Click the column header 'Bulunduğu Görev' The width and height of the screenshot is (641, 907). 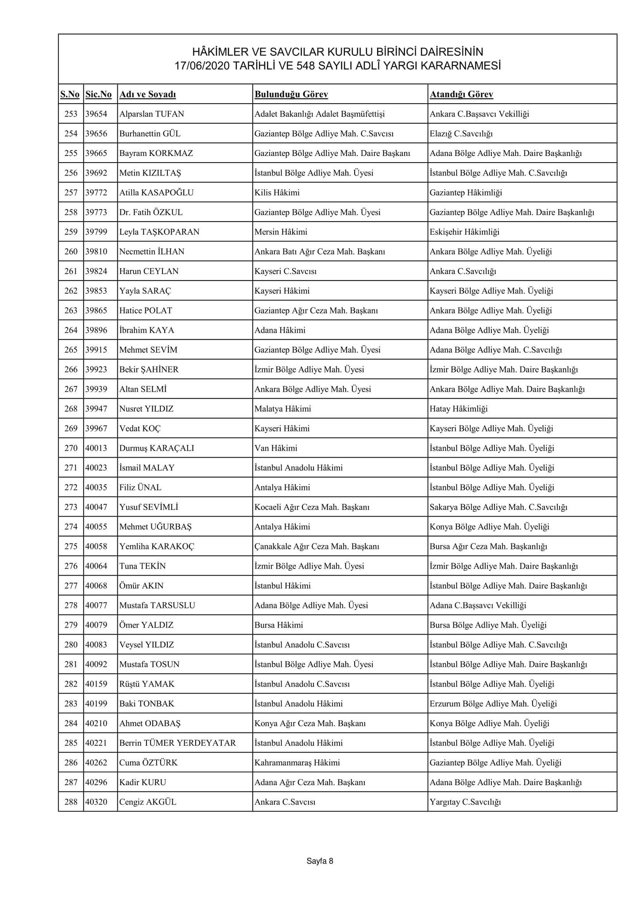tap(291, 94)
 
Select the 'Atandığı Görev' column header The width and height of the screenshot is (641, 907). tap(461, 94)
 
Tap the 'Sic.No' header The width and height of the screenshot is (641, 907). tap(98, 94)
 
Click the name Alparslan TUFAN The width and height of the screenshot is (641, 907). tap(151, 114)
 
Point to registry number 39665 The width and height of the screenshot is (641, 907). tap(96, 153)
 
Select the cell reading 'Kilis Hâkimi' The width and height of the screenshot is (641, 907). tap(277, 193)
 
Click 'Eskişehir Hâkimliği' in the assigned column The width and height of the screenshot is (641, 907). tap(464, 232)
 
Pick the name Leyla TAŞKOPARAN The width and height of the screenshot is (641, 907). tap(159, 232)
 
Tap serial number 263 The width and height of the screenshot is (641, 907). tap(71, 311)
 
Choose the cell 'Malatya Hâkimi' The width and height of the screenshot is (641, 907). tap(282, 409)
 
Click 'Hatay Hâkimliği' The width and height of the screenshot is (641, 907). tap(458, 409)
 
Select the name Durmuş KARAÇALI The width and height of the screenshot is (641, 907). tap(156, 448)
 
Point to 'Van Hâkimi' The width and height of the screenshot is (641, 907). tap(275, 448)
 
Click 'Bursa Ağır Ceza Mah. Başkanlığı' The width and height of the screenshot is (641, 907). tap(488, 546)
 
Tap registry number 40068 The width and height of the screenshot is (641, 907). tap(96, 586)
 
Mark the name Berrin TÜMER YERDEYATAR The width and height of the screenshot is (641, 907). tap(178, 743)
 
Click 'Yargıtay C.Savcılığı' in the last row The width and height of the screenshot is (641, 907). tap(465, 802)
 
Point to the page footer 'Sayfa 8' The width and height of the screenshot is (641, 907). tap(320, 861)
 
